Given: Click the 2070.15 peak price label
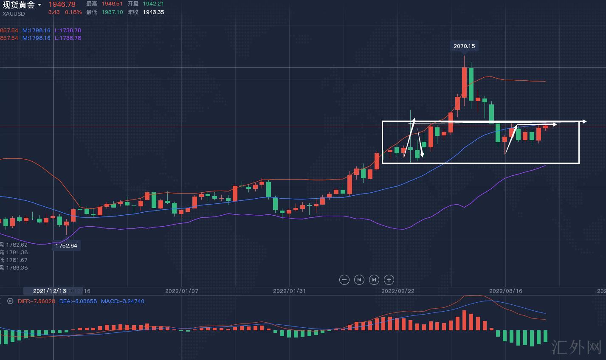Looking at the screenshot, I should [x=464, y=46].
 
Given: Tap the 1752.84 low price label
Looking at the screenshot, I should [x=66, y=246].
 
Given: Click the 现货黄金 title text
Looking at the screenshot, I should [x=19, y=5].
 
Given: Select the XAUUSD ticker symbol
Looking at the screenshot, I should [x=14, y=14].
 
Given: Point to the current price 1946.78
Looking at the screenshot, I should [x=62, y=4].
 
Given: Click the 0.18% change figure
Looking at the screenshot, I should [x=73, y=12].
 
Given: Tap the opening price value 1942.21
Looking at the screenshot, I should [x=153, y=4].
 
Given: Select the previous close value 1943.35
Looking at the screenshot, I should [x=153, y=12].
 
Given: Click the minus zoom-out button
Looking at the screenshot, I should [x=344, y=279].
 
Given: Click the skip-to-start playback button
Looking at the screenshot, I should [x=359, y=279].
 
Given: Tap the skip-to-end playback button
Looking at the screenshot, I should [x=374, y=279].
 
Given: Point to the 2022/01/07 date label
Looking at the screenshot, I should [x=182, y=291].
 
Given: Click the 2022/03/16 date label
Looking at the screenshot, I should [x=506, y=291].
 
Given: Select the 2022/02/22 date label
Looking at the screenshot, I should [x=398, y=291].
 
